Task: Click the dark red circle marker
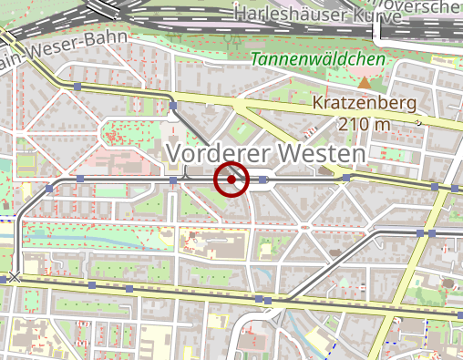231,180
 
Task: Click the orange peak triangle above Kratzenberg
365,83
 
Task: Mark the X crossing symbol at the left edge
14,276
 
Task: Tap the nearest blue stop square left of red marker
173,180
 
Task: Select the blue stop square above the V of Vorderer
173,106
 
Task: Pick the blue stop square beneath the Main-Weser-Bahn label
78,87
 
